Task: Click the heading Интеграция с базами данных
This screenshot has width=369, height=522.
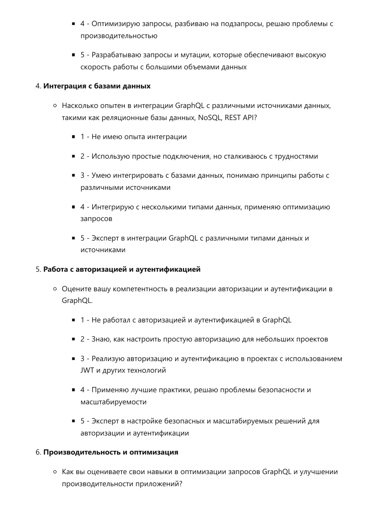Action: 97,86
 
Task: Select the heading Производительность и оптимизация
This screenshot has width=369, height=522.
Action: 111,452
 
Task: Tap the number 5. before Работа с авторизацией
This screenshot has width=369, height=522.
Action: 38,269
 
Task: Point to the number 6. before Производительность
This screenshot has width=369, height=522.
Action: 38,452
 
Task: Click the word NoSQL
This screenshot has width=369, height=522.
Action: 209,118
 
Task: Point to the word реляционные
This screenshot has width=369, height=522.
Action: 124,118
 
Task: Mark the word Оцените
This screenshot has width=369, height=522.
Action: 77,289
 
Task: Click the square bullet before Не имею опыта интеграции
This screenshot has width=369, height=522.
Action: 73,137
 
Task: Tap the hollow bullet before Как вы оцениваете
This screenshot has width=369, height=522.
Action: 55,472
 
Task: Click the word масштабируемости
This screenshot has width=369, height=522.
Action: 113,402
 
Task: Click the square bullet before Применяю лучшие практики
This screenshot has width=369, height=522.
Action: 73,390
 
